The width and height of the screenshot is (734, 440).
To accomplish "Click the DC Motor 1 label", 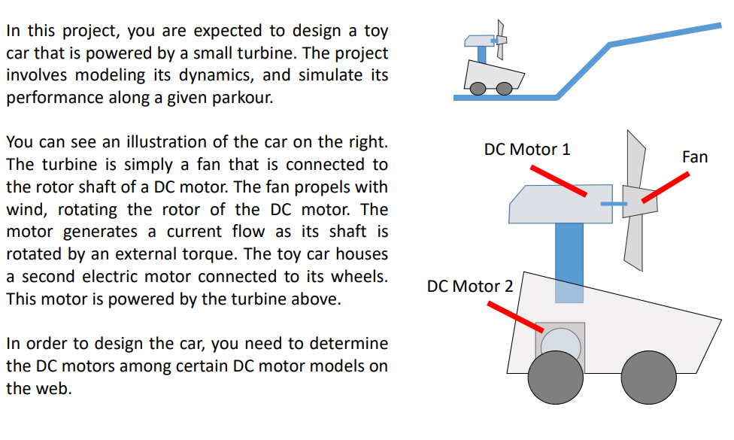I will click(x=526, y=149).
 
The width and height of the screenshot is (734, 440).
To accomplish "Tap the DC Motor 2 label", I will click(x=470, y=287).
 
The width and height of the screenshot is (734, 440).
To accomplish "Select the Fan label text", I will click(x=694, y=157).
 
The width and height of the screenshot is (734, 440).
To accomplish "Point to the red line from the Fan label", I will click(x=666, y=187).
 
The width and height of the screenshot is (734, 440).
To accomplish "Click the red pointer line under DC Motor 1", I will click(x=557, y=181).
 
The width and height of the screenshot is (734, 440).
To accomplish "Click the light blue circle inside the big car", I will click(x=560, y=345).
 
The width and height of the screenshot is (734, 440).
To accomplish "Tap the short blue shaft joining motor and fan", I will click(x=614, y=204).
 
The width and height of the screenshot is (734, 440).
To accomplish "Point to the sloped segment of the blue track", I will click(x=584, y=71).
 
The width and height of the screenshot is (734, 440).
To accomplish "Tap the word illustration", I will click(x=164, y=142).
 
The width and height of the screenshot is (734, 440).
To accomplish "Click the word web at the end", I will click(x=56, y=389).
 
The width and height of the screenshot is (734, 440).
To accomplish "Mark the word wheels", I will click(x=359, y=277).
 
